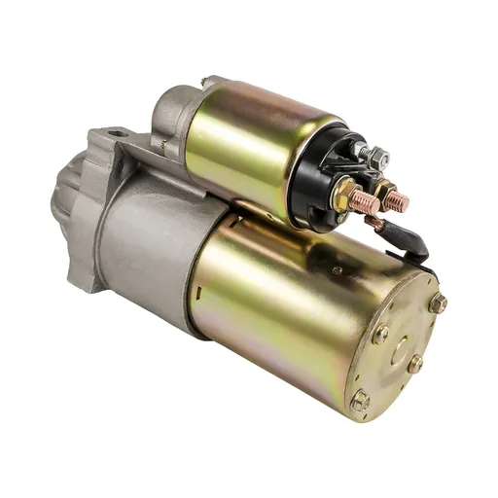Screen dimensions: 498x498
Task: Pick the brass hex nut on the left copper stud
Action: coord(342,196)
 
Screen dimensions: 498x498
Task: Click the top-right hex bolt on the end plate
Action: coord(438,303)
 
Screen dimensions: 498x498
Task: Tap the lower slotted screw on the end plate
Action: coord(415,364)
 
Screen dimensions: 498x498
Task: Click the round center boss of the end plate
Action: coord(399,350)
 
